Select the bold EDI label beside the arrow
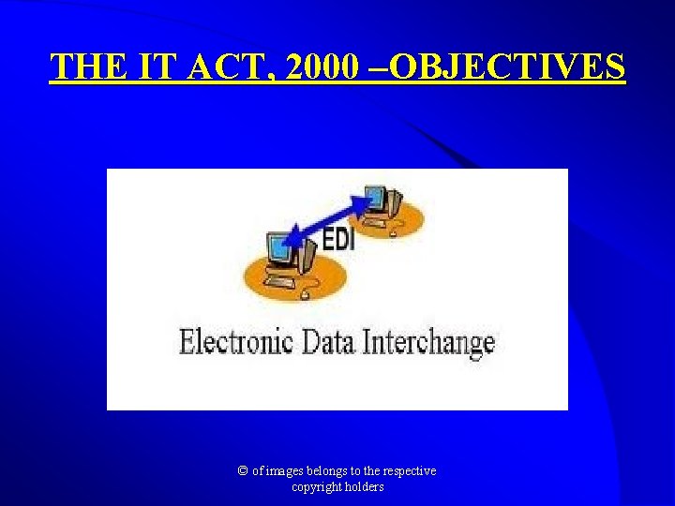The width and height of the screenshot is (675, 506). [338, 240]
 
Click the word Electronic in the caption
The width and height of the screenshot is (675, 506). [236, 341]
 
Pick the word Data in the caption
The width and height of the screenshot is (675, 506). [328, 341]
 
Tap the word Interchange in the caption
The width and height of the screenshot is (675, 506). [427, 341]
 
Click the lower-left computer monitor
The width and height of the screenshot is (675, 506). [280, 249]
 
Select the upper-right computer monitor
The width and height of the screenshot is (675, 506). [376, 199]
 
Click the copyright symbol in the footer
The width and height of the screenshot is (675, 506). [244, 471]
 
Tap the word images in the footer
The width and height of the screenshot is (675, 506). [287, 471]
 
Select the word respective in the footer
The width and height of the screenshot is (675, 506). [407, 471]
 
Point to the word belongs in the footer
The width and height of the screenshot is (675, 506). [332, 471]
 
